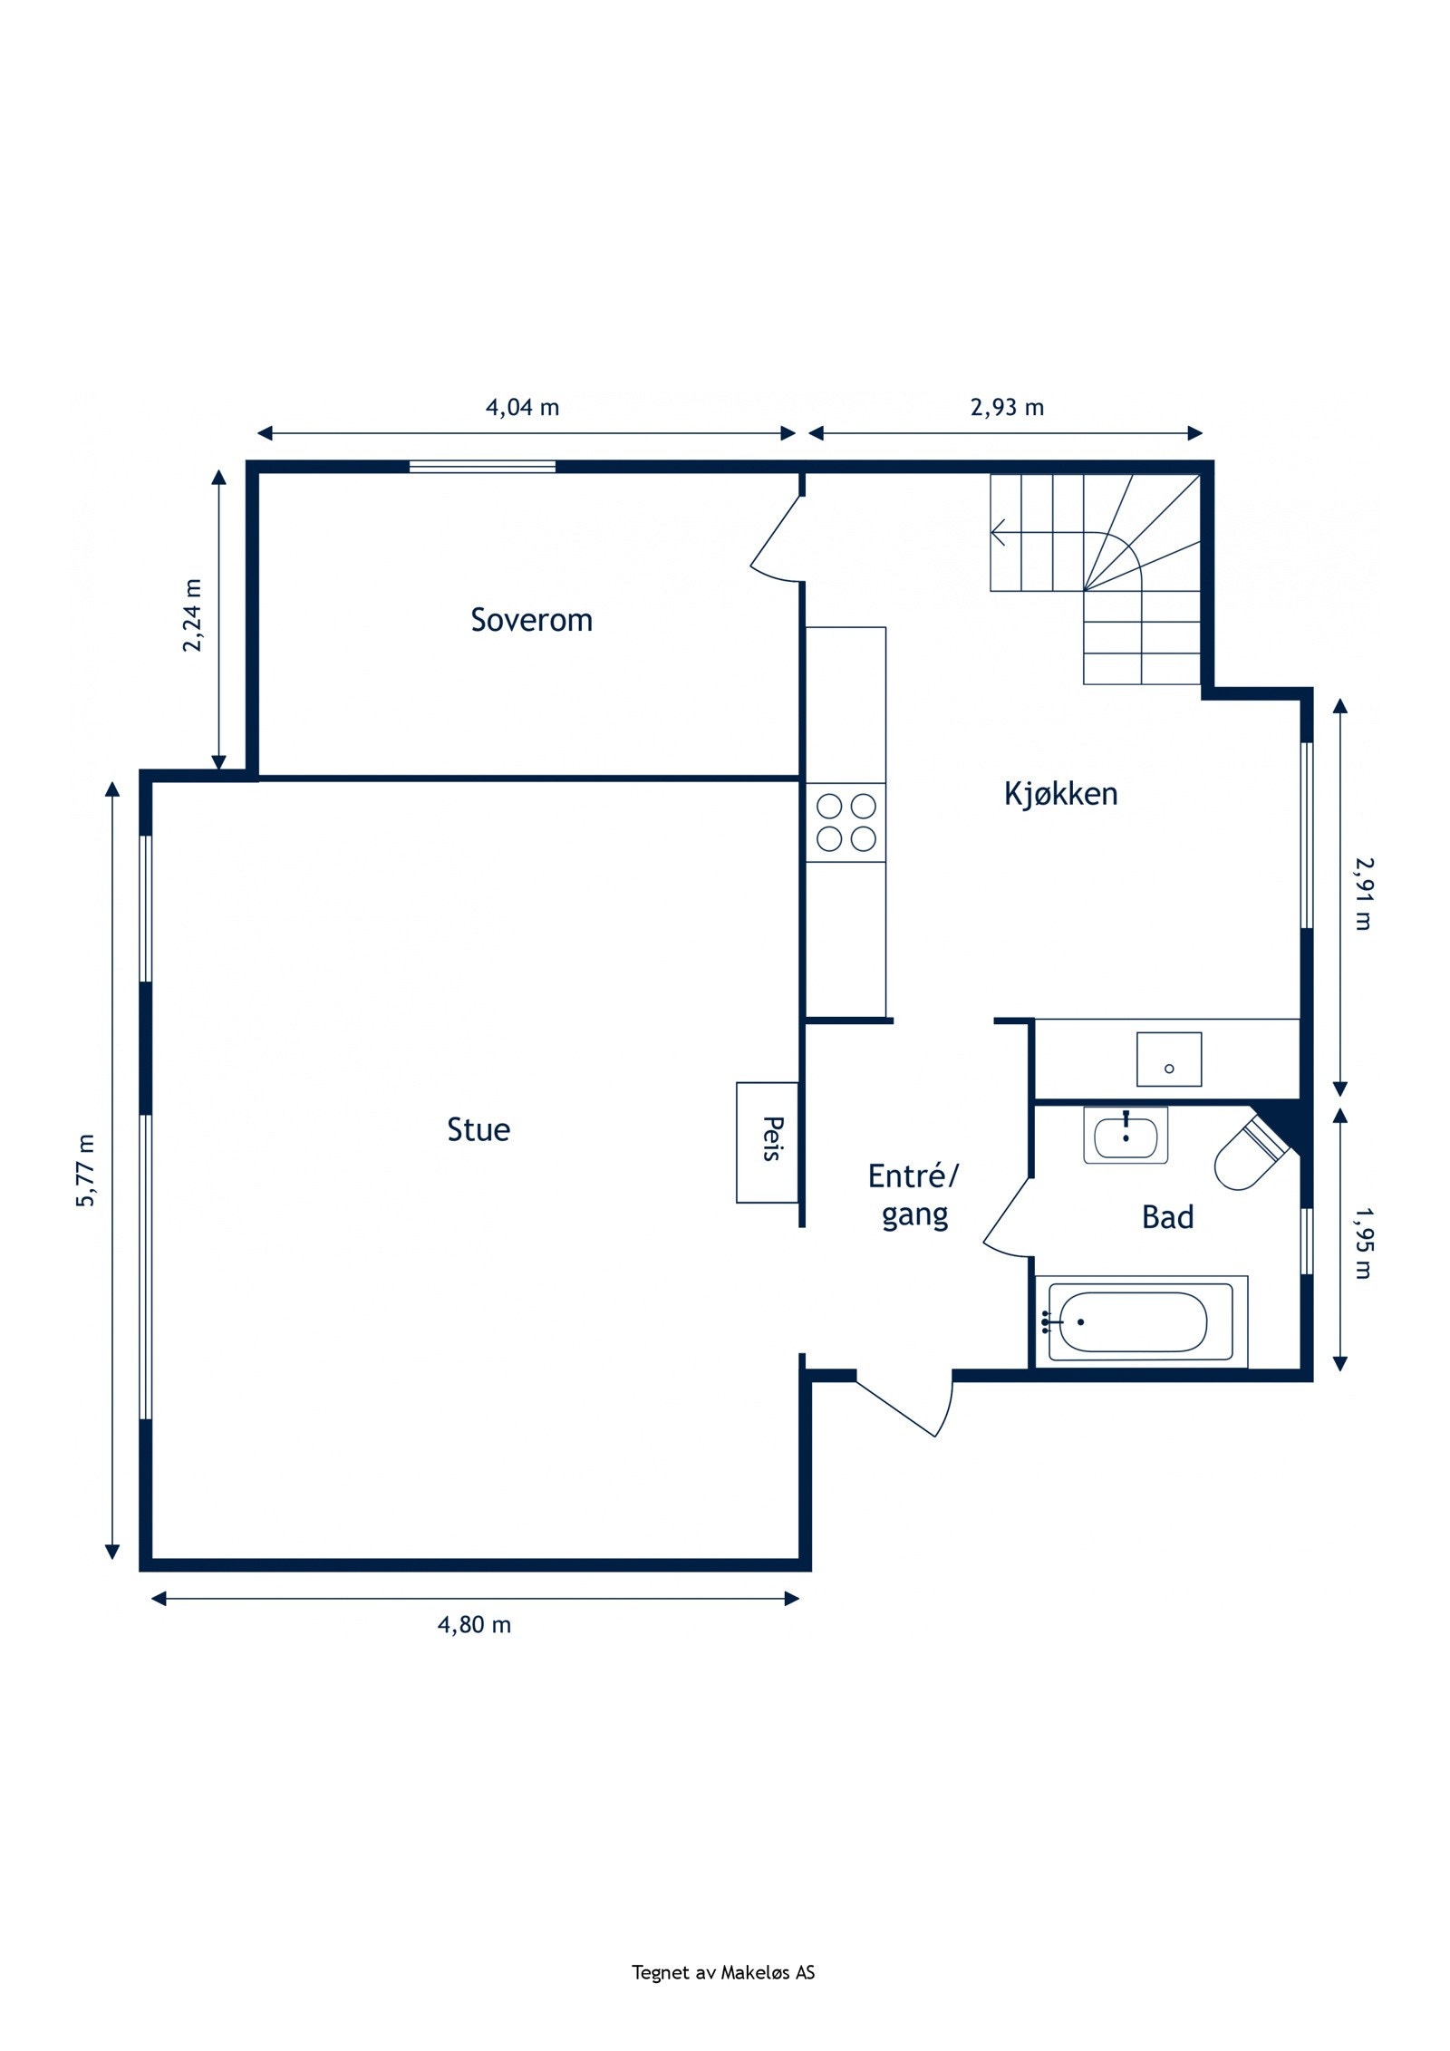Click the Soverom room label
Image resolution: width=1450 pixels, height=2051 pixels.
pyautogui.click(x=531, y=620)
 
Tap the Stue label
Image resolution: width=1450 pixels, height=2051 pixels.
pyautogui.click(x=478, y=1129)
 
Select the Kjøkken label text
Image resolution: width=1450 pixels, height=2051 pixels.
pyautogui.click(x=1060, y=793)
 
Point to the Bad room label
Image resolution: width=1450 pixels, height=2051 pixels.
pyautogui.click(x=1167, y=1216)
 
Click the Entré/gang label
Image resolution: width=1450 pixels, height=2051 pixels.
pyautogui.click(x=913, y=1195)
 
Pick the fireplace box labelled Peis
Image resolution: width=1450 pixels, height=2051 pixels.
pyautogui.click(x=767, y=1142)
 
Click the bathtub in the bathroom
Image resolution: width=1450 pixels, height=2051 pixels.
pyautogui.click(x=1141, y=1321)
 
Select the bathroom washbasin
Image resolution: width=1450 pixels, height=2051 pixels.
pyautogui.click(x=1126, y=1135)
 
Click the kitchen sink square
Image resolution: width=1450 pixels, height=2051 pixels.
pyautogui.click(x=1169, y=1059)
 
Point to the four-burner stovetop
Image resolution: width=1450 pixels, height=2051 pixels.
pyautogui.click(x=846, y=822)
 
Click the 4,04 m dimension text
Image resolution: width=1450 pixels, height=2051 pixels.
pyautogui.click(x=523, y=407)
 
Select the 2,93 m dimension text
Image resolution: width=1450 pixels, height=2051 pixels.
pyautogui.click(x=1007, y=407)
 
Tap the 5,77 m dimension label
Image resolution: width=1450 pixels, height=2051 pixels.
pyautogui.click(x=86, y=1170)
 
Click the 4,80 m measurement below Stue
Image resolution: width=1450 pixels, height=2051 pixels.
pyautogui.click(x=474, y=1624)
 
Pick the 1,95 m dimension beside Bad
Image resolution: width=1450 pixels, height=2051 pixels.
pyautogui.click(x=1362, y=1242)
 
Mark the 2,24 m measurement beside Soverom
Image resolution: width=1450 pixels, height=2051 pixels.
pyautogui.click(x=193, y=614)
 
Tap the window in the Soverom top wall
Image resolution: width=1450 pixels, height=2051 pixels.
pyautogui.click(x=482, y=467)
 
